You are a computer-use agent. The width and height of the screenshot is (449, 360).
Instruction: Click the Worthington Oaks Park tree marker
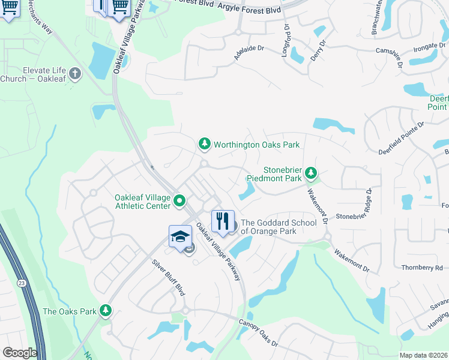click(205, 144)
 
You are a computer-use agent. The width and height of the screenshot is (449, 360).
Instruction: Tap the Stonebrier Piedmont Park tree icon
click(310, 173)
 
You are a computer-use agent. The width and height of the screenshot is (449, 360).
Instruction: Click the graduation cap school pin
click(180, 236)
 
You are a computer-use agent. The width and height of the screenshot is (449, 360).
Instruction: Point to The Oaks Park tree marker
click(106, 311)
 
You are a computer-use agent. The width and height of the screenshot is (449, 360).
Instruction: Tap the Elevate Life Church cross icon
click(74, 74)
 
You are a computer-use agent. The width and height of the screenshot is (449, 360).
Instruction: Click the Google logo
click(19, 353)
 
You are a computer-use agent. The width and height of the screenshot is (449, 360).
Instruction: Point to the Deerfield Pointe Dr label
click(401, 138)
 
